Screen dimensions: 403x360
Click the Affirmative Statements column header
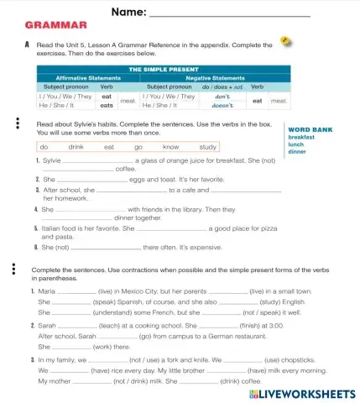(87, 77)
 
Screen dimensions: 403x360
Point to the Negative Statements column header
(215, 77)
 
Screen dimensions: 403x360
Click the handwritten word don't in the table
(222, 96)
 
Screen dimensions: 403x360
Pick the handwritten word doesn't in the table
(222, 106)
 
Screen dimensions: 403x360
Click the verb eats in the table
(107, 106)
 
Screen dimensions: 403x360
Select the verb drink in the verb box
(76, 146)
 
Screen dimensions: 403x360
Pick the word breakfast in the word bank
(302, 137)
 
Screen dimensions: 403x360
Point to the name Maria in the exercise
(47, 290)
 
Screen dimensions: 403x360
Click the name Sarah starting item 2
(47, 325)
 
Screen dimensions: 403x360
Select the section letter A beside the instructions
(28, 45)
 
